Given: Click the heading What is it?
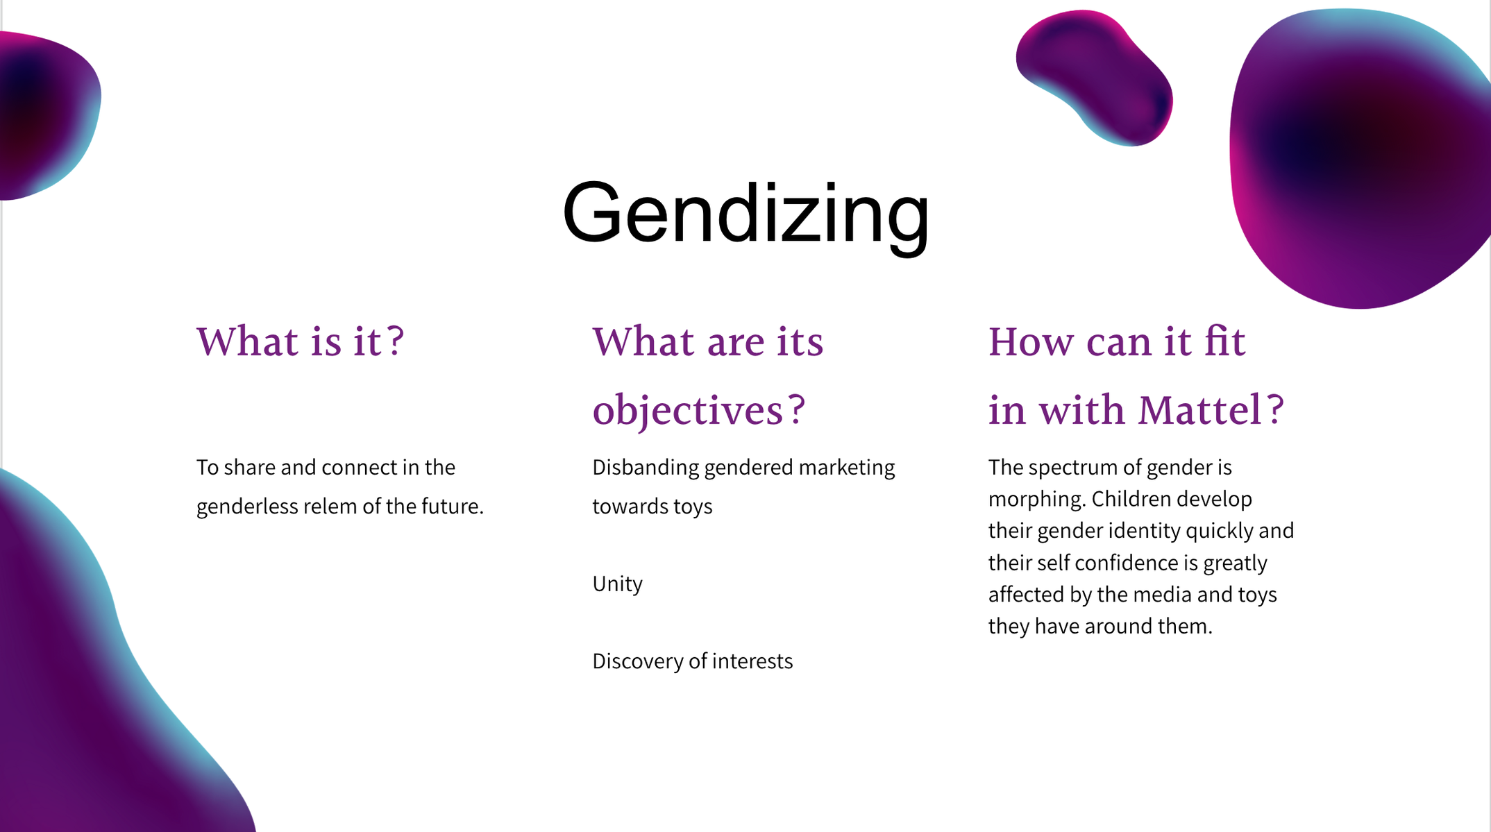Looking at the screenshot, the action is click(301, 341).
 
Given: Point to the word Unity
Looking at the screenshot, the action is click(618, 584).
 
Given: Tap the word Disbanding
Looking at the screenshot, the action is click(646, 468).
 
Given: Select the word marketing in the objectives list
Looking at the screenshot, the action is click(847, 468).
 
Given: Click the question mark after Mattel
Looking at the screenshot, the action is click(1274, 409).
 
